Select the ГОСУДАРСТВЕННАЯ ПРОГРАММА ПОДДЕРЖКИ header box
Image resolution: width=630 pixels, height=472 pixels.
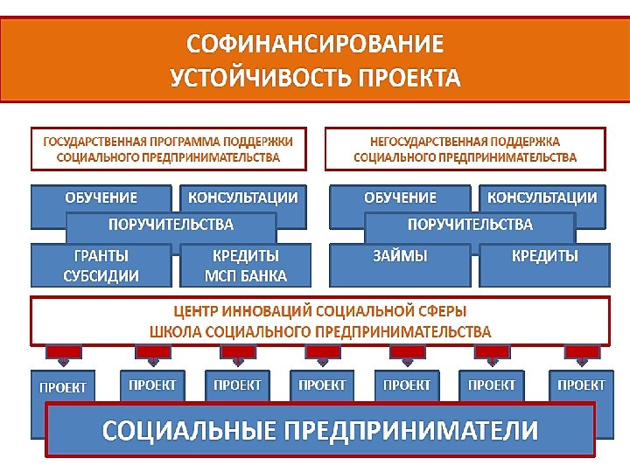click(x=169, y=149)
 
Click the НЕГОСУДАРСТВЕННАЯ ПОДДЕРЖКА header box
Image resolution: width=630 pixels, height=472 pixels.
click(x=465, y=149)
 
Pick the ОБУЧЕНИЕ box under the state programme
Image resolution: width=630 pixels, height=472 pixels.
click(x=101, y=198)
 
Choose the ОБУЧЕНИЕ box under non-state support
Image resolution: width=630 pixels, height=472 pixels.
click(x=400, y=198)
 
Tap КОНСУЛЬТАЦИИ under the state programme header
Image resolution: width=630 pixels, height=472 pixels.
click(x=242, y=198)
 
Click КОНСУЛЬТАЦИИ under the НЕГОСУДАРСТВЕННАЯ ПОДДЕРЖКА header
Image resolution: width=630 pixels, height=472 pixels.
click(x=542, y=198)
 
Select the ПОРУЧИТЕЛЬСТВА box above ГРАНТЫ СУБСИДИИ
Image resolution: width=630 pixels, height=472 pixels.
click(x=171, y=226)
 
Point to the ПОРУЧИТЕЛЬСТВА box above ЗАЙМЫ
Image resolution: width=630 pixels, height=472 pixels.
click(x=470, y=226)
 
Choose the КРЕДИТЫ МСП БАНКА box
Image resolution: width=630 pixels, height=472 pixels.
click(x=245, y=266)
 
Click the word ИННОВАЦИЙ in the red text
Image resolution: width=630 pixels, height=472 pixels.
click(x=255, y=311)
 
